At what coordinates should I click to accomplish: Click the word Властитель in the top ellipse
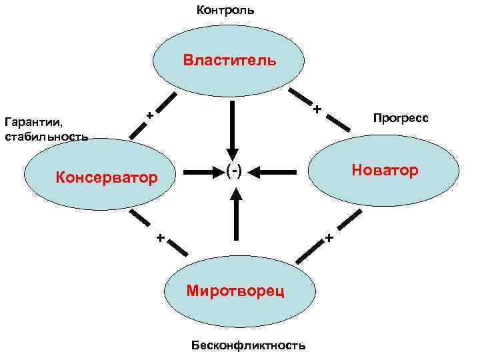point(229,61)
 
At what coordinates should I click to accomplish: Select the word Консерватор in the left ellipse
point(107,178)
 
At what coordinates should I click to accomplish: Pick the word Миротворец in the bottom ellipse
point(235,291)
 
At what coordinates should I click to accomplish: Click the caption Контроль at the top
point(225,11)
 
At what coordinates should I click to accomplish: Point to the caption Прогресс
point(401,118)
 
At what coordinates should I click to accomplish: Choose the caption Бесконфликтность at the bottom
point(248,345)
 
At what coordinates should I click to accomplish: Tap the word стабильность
point(46,137)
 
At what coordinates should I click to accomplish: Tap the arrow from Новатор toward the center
point(274,172)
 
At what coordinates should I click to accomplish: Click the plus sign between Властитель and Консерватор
point(150,116)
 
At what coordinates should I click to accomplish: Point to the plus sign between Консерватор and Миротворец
point(159,237)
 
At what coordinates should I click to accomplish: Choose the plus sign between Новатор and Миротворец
point(328,237)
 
